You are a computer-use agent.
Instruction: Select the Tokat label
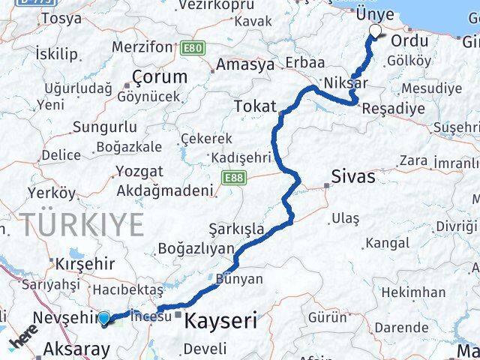coord(255,106)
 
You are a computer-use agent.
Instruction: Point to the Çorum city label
coord(159,76)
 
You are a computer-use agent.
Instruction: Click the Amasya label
coord(245,64)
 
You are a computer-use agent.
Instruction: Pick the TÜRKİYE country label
coord(82,223)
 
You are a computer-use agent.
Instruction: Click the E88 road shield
coord(232,177)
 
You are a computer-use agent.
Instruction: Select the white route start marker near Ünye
coord(375,31)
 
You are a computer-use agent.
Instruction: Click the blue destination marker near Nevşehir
coord(104,318)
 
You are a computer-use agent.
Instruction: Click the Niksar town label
coord(347,82)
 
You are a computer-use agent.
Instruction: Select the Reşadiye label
coord(392,109)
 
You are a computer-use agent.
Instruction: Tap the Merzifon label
coord(142,46)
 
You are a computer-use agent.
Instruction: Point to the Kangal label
coord(388,243)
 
